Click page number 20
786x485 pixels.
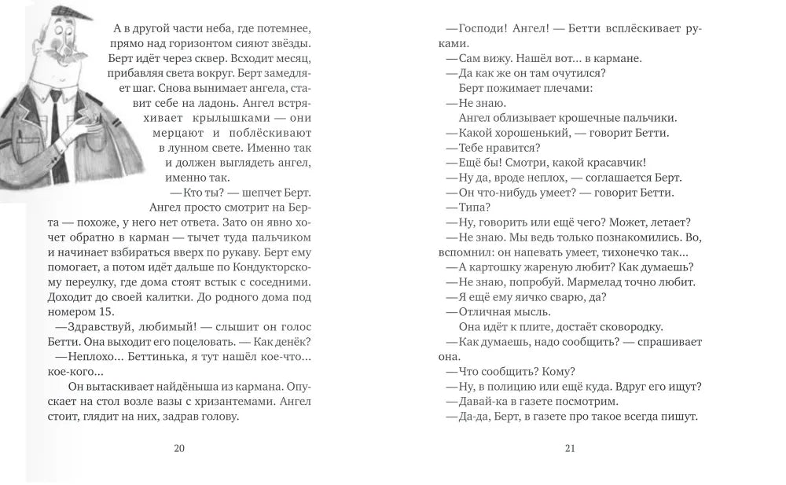178,449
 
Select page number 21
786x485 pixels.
571,449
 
